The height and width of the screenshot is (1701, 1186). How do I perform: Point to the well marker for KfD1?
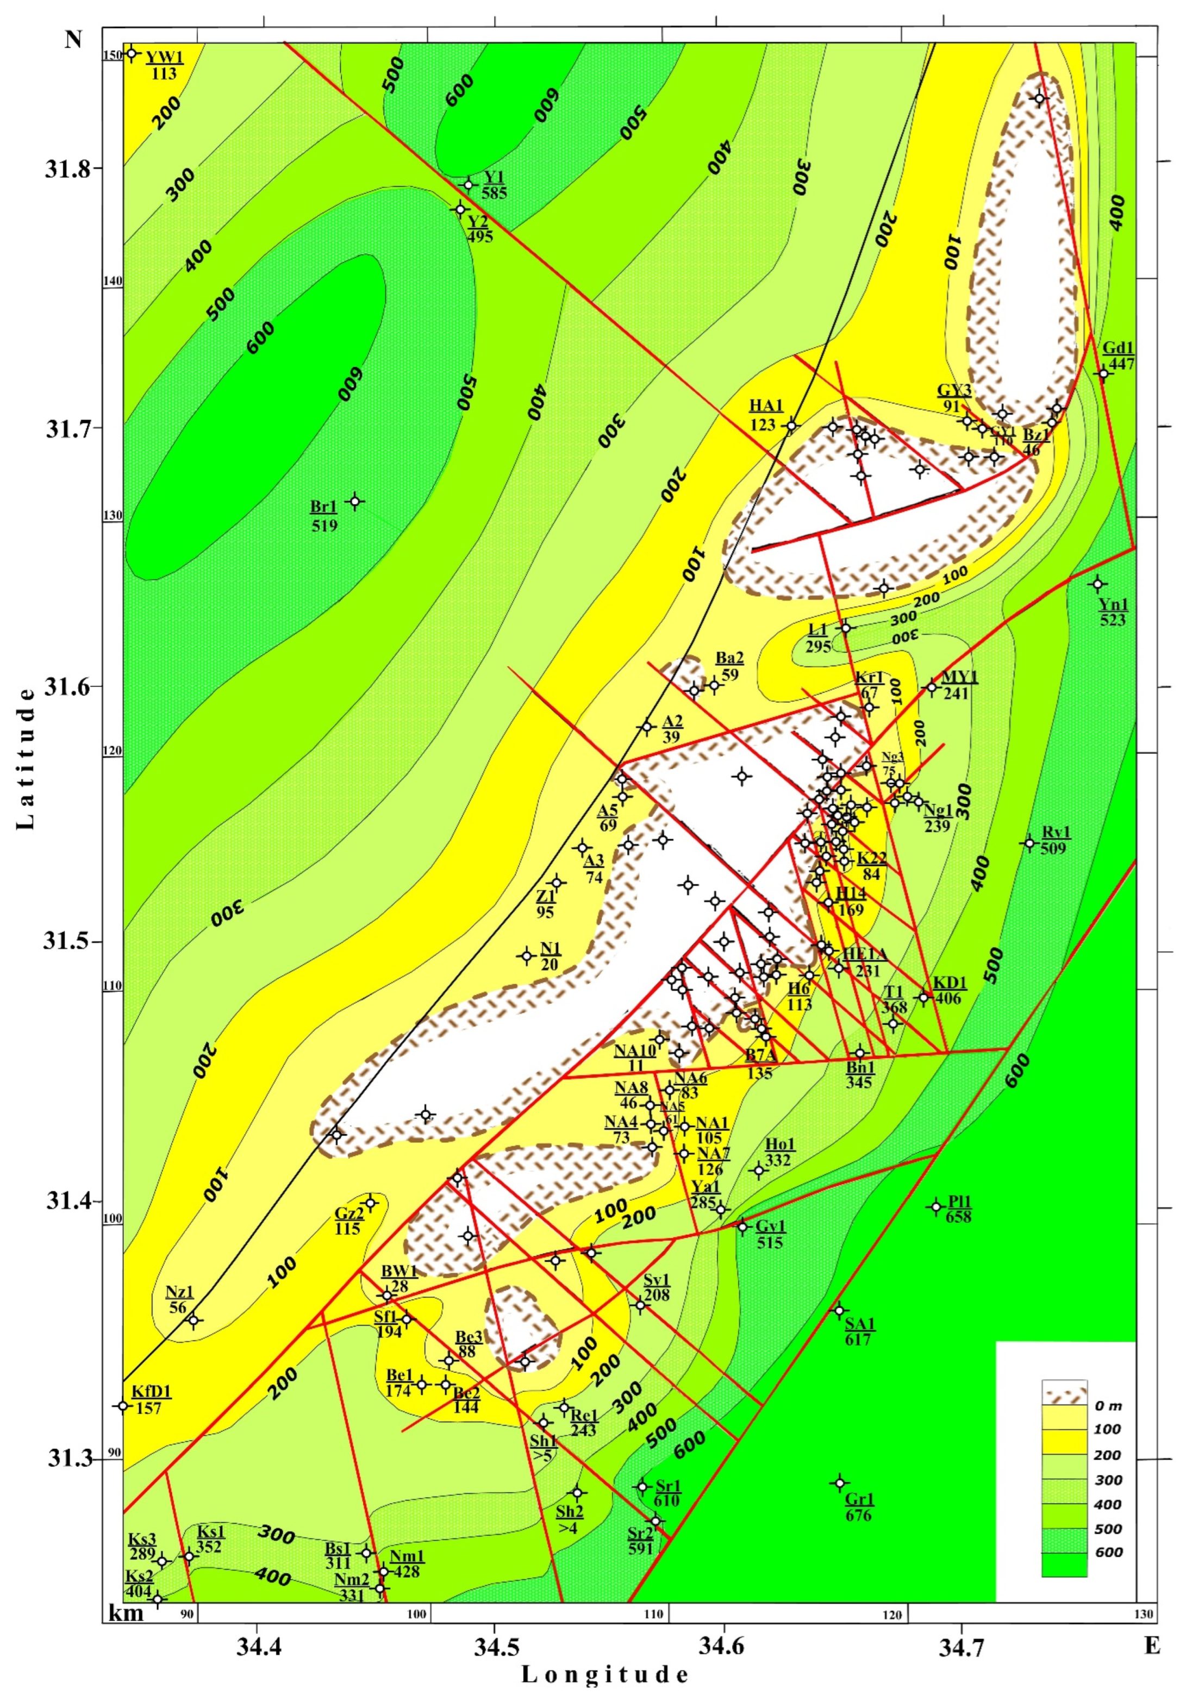coord(123,1405)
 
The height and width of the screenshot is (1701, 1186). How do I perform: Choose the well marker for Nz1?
coord(193,1319)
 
